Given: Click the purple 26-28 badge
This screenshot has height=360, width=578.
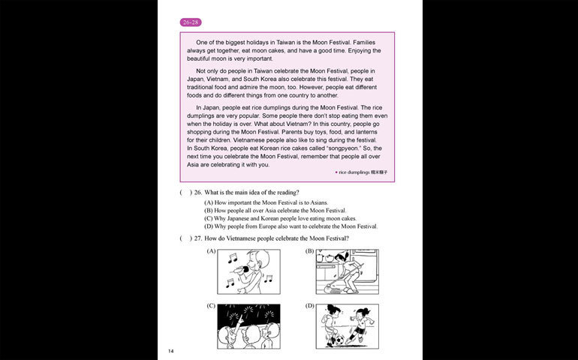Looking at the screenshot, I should pos(191,22).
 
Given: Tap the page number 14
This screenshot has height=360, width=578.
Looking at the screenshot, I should pos(171,350).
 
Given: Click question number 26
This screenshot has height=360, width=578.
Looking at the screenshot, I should pos(199,193).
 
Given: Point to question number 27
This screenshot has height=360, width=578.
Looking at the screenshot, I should pos(199,238).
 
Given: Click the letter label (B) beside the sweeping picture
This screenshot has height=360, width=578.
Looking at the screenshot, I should pos(309,250).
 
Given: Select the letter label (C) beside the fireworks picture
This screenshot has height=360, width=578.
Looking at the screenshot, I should pos(211,305).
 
